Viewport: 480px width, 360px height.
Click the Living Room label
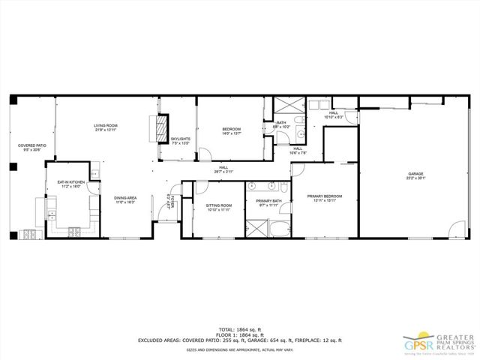coord(105,127)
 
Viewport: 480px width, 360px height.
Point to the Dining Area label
coord(124,200)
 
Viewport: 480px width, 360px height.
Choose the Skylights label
coord(180,140)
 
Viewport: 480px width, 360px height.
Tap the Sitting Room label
coord(219,207)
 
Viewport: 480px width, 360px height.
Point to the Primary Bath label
coord(268,202)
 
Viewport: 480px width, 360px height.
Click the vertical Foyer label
coord(170,202)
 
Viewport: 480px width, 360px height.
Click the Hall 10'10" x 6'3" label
coord(333,115)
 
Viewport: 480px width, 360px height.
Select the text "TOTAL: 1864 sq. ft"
coord(240,328)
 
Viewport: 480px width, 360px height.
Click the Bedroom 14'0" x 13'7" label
coord(231,131)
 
